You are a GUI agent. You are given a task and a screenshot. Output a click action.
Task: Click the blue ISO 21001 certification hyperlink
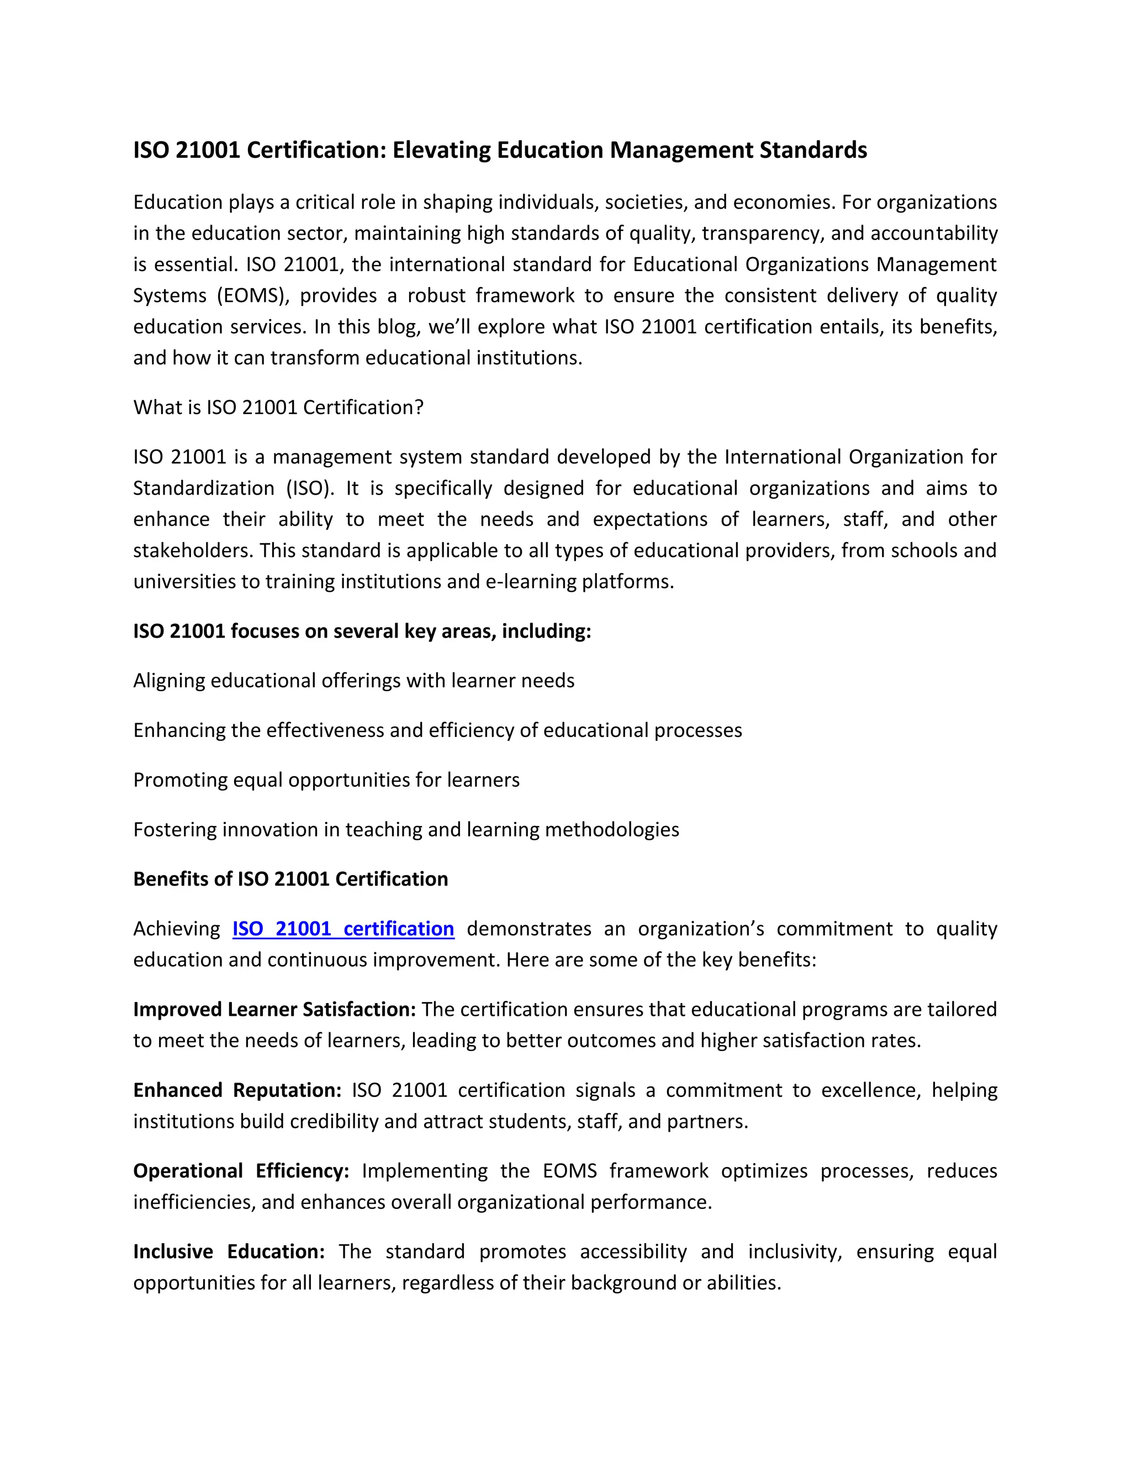pos(343,929)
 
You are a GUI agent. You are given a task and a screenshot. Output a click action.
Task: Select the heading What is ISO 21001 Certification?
pos(278,407)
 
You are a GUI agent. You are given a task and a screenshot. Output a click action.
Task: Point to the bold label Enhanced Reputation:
pos(237,1090)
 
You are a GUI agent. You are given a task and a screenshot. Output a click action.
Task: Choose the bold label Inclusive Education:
pos(229,1252)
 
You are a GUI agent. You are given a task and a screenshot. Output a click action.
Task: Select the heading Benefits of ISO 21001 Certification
pos(290,879)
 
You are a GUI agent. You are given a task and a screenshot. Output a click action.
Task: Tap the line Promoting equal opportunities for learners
pos(326,780)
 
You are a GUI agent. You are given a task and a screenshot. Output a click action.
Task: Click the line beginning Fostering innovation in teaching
pos(406,829)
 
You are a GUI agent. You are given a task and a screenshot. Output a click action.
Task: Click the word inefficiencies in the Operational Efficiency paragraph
pos(194,1202)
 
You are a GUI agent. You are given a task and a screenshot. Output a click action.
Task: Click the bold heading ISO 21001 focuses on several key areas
pos(362,631)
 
